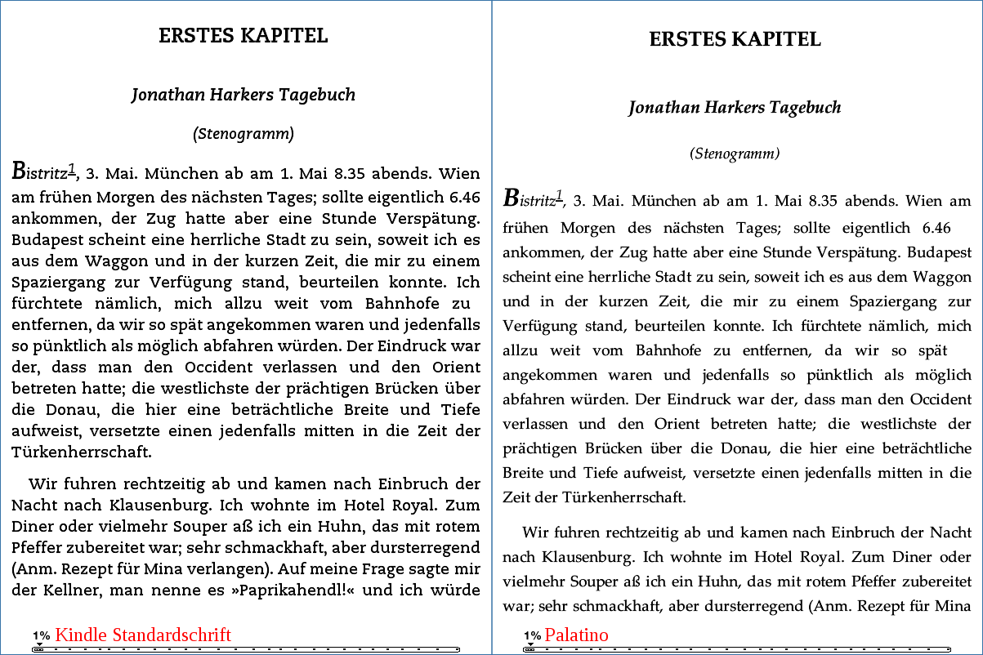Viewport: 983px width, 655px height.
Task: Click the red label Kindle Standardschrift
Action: [143, 635]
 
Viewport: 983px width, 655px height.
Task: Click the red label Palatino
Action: [577, 635]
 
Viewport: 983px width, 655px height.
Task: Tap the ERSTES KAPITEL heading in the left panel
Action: [244, 36]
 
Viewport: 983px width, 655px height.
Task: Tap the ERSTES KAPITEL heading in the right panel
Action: [735, 39]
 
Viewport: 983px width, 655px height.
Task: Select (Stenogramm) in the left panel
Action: [244, 133]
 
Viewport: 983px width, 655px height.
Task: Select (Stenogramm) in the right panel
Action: [735, 154]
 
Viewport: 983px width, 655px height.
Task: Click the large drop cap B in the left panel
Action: [20, 172]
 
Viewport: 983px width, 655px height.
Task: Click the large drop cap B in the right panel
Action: [512, 198]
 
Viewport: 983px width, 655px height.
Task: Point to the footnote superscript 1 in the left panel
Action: [72, 169]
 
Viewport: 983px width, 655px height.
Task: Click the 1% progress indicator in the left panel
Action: [42, 635]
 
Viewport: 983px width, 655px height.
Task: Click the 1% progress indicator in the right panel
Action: [533, 635]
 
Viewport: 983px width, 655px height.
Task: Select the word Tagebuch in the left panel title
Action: [317, 95]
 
